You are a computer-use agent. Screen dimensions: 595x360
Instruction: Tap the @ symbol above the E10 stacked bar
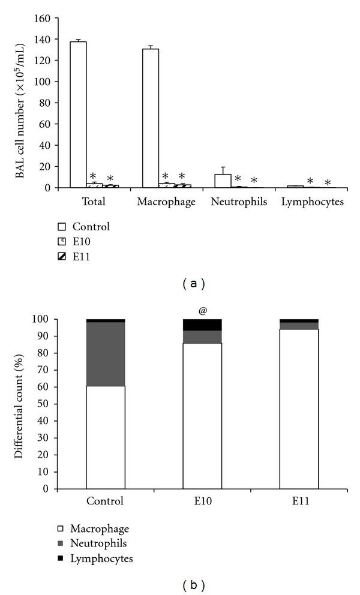(x=202, y=311)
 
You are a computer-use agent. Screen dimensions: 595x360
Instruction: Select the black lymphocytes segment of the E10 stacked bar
(x=202, y=324)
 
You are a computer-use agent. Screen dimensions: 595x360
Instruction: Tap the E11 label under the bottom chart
(x=299, y=501)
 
